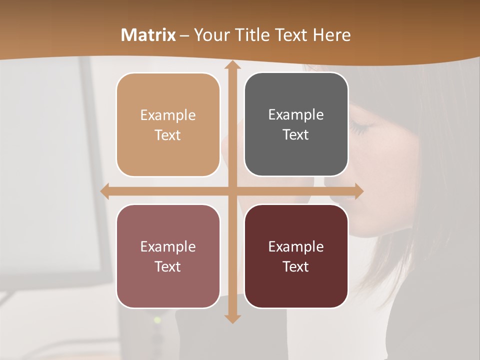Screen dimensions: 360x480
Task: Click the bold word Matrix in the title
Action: [x=148, y=35]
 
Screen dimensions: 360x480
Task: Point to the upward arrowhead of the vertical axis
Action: [x=232, y=65]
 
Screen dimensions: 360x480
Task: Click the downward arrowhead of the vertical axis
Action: [x=232, y=318]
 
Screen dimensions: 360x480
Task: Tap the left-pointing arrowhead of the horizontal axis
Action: [x=105, y=191]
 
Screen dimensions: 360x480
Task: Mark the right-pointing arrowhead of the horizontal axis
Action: [x=358, y=191]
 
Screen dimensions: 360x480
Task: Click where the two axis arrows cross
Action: [x=232, y=191]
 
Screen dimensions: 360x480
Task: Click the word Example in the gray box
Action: [x=296, y=115]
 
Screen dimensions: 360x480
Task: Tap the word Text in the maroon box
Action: [x=296, y=266]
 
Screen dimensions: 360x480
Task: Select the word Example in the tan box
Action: [x=168, y=115]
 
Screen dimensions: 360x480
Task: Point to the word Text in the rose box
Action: [x=168, y=266]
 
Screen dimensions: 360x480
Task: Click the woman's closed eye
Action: [x=359, y=128]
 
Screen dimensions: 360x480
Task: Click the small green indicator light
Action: [x=157, y=320]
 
